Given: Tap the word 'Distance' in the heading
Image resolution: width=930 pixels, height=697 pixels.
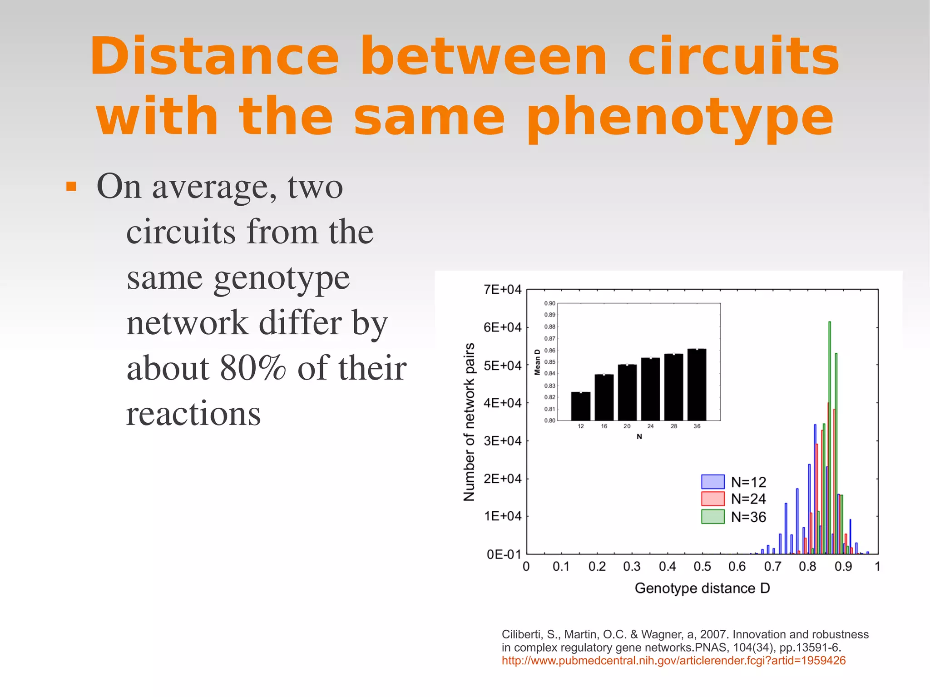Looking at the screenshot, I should coord(214,57).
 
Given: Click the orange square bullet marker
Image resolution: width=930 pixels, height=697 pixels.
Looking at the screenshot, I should coord(71,187).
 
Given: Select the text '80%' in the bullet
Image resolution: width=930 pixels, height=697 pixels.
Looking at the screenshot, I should coord(252,368).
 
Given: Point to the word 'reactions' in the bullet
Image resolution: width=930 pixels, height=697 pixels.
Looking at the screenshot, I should coord(193,414).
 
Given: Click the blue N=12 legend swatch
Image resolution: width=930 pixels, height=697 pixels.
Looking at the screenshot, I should coord(712,481).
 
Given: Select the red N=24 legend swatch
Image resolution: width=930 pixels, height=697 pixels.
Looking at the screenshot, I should coord(712,499).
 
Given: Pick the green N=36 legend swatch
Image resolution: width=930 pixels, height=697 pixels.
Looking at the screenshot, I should coord(712,517).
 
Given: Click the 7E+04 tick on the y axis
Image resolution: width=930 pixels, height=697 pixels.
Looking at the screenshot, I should coord(502,290).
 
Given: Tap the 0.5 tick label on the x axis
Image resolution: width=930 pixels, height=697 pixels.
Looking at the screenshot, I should coord(702,566).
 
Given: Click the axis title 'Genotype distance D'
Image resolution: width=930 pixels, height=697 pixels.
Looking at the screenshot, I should coord(702,588).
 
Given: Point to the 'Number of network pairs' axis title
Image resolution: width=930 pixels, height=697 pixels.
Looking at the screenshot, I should coord(469,422).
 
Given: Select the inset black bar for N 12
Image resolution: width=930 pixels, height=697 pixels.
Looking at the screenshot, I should coord(581,406).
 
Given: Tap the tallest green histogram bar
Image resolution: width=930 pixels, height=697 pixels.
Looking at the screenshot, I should coord(830,436).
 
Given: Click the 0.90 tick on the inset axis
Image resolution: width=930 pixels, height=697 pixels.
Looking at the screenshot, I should coord(549,303).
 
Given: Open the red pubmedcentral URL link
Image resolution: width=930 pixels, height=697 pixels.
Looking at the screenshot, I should coord(673,661).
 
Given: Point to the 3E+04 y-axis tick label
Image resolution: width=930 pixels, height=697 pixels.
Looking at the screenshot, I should coord(502,441).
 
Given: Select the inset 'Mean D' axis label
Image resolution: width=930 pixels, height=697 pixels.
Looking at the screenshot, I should coord(538,362).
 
